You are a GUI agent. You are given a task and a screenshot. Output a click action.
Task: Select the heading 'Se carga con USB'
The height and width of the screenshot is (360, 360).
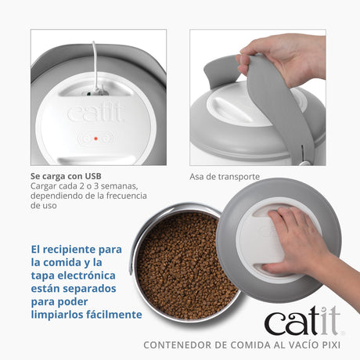[65, 177]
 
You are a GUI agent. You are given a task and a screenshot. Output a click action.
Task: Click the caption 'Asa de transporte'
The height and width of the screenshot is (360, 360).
[224, 177]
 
